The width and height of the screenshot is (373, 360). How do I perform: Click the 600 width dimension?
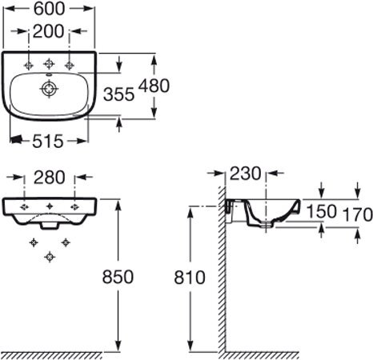(x=50, y=9)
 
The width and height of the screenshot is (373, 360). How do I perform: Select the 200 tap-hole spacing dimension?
(x=48, y=31)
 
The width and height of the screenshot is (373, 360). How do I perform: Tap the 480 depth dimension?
(x=154, y=86)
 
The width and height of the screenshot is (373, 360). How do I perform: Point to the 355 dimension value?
(x=118, y=94)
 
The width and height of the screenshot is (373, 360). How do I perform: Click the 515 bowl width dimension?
(x=48, y=141)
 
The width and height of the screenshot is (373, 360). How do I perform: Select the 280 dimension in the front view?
(x=50, y=178)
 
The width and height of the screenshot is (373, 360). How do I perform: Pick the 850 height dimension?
(x=118, y=277)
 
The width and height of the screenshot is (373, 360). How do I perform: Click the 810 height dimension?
(x=190, y=278)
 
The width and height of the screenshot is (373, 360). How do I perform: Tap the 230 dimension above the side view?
(x=245, y=174)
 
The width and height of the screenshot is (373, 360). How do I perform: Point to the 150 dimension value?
(x=321, y=211)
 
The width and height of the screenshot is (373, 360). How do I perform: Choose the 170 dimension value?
(x=357, y=214)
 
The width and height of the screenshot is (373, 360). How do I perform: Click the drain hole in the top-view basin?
(x=49, y=88)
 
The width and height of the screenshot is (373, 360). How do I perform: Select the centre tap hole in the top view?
(x=49, y=64)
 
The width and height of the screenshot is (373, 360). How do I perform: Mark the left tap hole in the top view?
(x=29, y=65)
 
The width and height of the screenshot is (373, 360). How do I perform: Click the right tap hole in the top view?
(x=70, y=65)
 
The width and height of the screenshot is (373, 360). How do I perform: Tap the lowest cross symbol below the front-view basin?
(x=50, y=257)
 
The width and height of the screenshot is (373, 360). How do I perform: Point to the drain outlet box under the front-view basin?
(x=50, y=226)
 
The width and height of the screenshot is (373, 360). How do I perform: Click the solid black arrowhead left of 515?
(x=16, y=139)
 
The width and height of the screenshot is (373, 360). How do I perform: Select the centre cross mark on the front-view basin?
(x=50, y=206)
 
